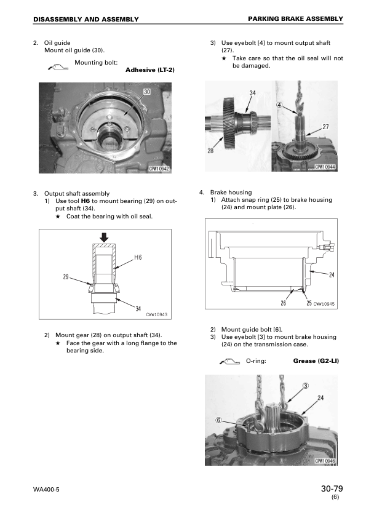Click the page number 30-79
click(332, 488)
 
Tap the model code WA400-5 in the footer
click(46, 490)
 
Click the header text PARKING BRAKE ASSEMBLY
click(296, 19)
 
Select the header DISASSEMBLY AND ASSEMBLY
click(86, 20)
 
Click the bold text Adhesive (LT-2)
click(150, 70)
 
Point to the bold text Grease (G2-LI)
click(316, 361)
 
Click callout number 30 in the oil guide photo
click(147, 92)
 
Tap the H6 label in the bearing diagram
click(138, 257)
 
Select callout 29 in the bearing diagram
click(66, 276)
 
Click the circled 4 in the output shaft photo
click(279, 105)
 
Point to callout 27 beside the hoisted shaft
click(325, 127)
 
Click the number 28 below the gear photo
click(211, 151)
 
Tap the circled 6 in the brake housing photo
click(218, 420)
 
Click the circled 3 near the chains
click(306, 386)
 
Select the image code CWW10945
click(324, 303)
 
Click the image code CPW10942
click(159, 169)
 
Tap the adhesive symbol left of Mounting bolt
click(58, 68)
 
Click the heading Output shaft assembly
click(77, 194)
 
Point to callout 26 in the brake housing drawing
click(284, 303)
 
